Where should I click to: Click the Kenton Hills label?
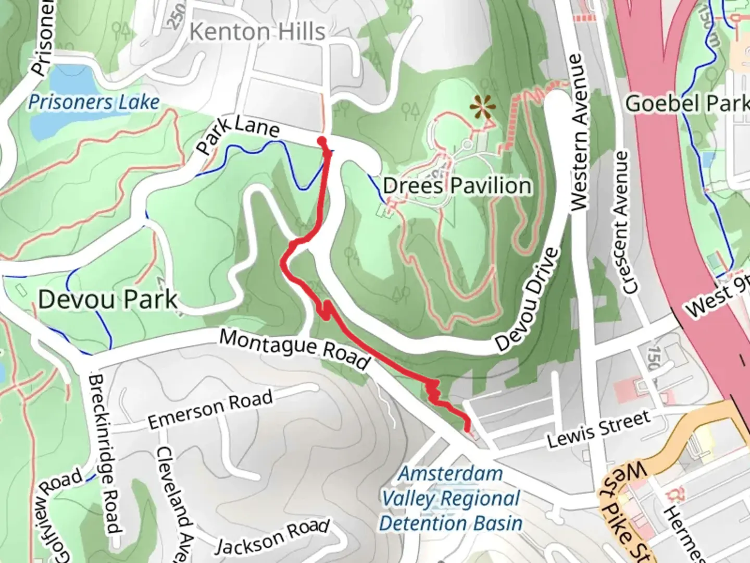point(257,32)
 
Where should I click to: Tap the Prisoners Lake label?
point(94,102)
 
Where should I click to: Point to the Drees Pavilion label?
point(457,186)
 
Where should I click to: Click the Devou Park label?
point(108,300)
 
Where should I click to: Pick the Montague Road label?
point(295,348)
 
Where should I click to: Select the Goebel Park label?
point(686,103)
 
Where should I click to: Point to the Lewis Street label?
point(599,429)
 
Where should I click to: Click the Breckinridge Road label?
point(105,454)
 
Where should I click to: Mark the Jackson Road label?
point(272,537)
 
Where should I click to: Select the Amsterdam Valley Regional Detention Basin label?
point(451,499)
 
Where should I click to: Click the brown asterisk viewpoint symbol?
point(483,108)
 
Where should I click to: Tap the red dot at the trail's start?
point(322,140)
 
